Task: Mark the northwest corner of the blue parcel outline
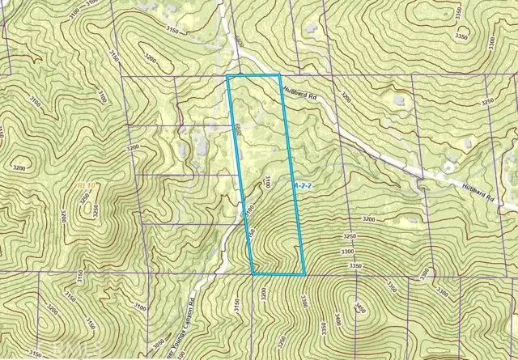click(x=227, y=75)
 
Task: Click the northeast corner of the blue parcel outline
click(x=279, y=75)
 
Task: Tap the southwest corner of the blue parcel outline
click(x=253, y=274)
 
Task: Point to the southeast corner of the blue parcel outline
click(x=304, y=274)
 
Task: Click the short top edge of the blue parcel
click(x=253, y=75)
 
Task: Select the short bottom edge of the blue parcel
click(x=279, y=274)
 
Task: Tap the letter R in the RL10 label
click(x=79, y=187)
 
